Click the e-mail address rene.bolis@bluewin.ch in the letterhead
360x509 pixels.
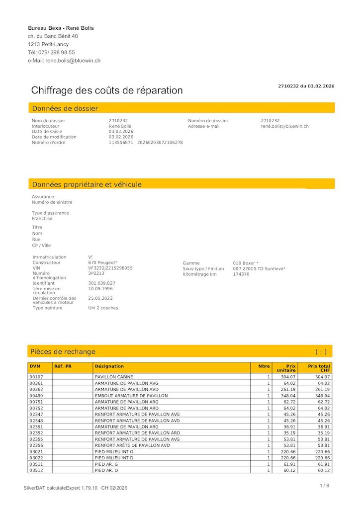pyautogui.click(x=73, y=61)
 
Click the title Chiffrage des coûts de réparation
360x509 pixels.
pyautogui.click(x=107, y=90)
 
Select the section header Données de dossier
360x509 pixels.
pyautogui.click(x=65, y=108)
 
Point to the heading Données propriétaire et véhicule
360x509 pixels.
pyautogui.click(x=87, y=184)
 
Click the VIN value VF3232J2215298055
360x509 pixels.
pyautogui.click(x=110, y=268)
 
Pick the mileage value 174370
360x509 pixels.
pyautogui.click(x=241, y=274)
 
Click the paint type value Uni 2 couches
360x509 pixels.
pyautogui.click(x=103, y=308)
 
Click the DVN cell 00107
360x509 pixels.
pyautogui.click(x=36, y=377)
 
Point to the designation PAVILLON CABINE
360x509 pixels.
pyautogui.click(x=114, y=377)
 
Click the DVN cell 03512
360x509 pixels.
pyautogui.click(x=36, y=470)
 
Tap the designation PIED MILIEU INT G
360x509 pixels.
pyautogui.click(x=114, y=451)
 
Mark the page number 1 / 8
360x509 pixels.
pyautogui.click(x=325, y=486)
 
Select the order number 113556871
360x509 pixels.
pyautogui.click(x=121, y=143)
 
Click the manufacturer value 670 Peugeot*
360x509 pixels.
pyautogui.click(x=103, y=262)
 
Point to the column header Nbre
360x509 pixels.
pyautogui.click(x=264, y=366)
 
